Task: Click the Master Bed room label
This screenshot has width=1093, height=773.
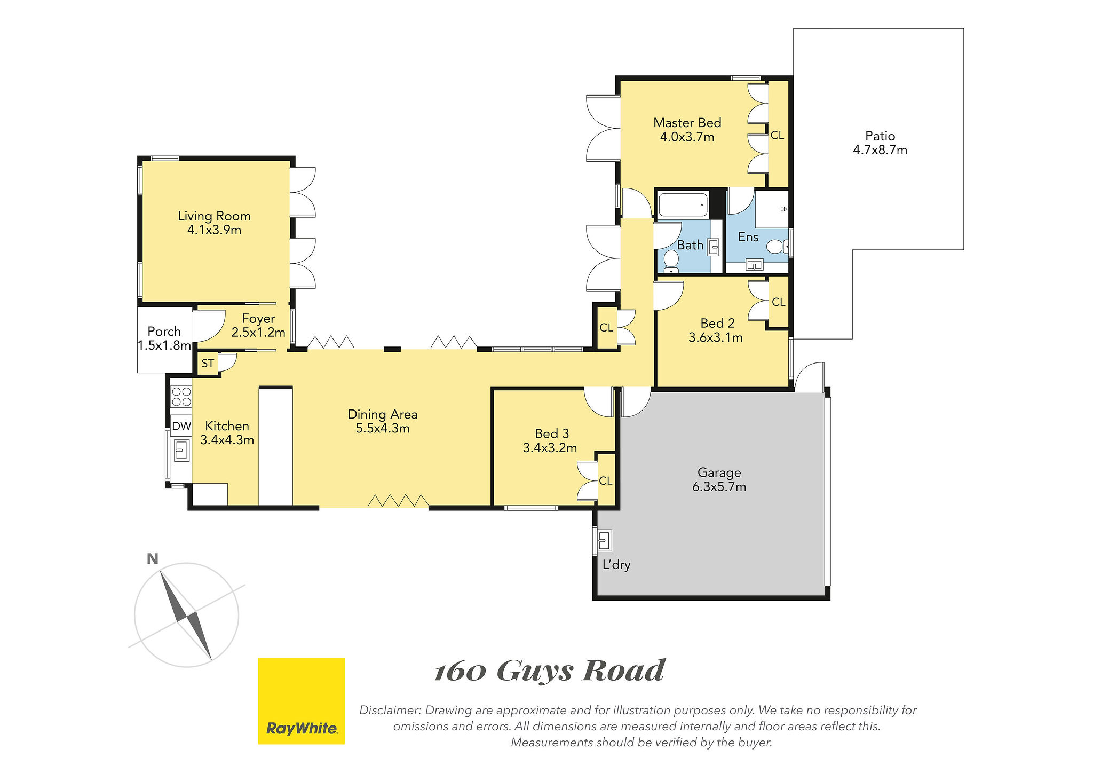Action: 687,123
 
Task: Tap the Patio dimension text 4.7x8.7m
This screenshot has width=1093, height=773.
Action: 880,150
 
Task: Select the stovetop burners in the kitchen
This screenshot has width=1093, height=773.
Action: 181,397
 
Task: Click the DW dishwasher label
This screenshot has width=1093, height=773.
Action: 181,426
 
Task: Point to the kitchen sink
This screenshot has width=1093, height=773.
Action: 181,449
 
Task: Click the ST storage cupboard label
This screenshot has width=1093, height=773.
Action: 208,364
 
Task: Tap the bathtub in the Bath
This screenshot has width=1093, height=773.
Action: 684,204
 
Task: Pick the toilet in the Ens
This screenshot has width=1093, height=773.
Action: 777,247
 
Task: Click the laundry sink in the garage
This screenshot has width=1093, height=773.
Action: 604,541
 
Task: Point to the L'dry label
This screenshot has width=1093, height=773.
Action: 616,564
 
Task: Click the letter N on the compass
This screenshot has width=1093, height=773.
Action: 153,559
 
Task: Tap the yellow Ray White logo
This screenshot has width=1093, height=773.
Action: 302,701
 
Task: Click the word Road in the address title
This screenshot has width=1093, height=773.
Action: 623,671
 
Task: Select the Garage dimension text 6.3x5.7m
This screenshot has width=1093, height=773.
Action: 719,487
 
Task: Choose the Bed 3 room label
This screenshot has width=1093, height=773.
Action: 552,434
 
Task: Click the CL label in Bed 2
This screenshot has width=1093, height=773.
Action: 779,302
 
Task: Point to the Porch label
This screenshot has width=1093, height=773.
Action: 164,332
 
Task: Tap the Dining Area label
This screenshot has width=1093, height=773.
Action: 383,414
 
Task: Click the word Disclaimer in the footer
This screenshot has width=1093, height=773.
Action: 391,711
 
